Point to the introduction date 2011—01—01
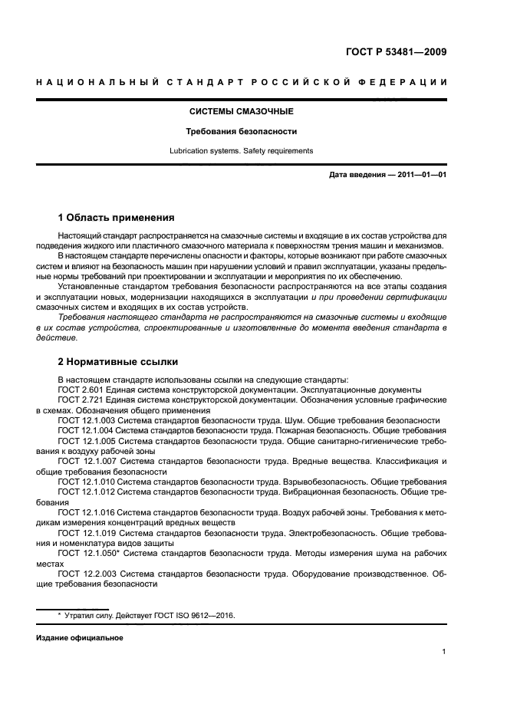(x=420, y=176)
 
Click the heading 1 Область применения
(x=117, y=217)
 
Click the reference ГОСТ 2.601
(x=79, y=390)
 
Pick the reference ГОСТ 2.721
(x=79, y=400)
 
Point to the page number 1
(x=444, y=653)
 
